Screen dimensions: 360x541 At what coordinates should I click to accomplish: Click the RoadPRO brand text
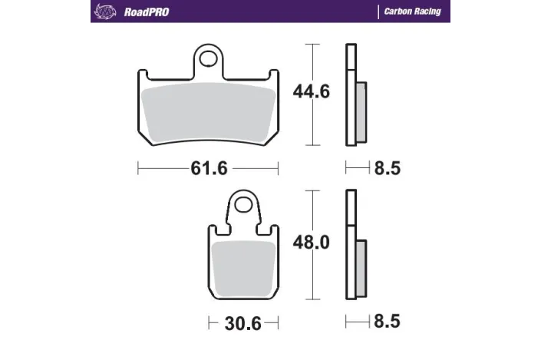click(x=147, y=12)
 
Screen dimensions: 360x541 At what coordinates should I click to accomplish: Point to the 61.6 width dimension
click(x=209, y=168)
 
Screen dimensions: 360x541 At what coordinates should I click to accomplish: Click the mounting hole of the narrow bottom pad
click(x=243, y=205)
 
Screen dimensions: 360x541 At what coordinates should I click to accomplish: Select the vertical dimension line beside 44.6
click(x=311, y=123)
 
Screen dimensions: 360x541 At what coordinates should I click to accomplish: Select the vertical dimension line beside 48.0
click(x=311, y=276)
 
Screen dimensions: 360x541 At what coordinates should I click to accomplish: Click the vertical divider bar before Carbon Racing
click(x=378, y=12)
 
